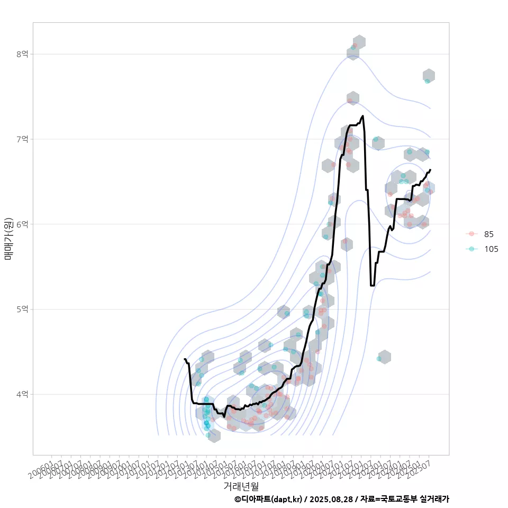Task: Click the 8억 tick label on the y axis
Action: coord(22,54)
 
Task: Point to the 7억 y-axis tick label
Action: coord(22,139)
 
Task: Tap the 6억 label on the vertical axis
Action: coord(22,224)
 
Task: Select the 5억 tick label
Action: coord(22,309)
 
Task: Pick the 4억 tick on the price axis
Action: coord(22,394)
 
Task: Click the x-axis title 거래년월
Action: coord(241,486)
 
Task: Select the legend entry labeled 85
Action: coord(488,234)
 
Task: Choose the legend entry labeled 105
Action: coord(491,249)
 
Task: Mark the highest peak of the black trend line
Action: coord(362,116)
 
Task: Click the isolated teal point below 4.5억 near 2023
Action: coord(379,359)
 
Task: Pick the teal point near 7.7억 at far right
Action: coord(427,81)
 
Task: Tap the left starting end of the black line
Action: coord(184,359)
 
